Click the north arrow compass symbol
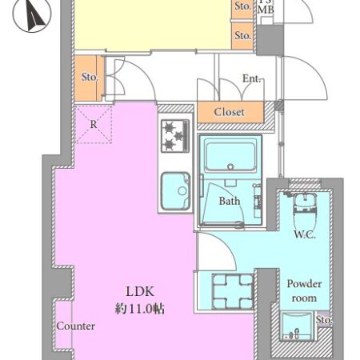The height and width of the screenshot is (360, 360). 32,14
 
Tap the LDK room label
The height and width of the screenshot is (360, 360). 140,292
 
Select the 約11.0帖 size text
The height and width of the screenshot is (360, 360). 140,309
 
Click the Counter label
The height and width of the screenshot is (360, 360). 76,326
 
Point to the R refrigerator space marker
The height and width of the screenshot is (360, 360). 94,124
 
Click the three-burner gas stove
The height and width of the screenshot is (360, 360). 175,136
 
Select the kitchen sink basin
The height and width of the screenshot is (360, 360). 176,191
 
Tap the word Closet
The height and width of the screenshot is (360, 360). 229,112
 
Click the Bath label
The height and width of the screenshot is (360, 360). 230,201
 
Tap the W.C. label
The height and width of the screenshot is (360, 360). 305,235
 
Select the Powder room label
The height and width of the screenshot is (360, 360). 304,290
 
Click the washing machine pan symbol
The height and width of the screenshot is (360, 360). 233,291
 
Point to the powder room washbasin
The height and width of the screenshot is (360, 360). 297,326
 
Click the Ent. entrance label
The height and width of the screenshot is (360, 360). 251,78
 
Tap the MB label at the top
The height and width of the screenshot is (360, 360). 266,10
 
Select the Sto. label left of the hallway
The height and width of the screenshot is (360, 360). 90,77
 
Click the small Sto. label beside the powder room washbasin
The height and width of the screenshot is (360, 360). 324,319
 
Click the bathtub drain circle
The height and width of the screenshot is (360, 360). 230,166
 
